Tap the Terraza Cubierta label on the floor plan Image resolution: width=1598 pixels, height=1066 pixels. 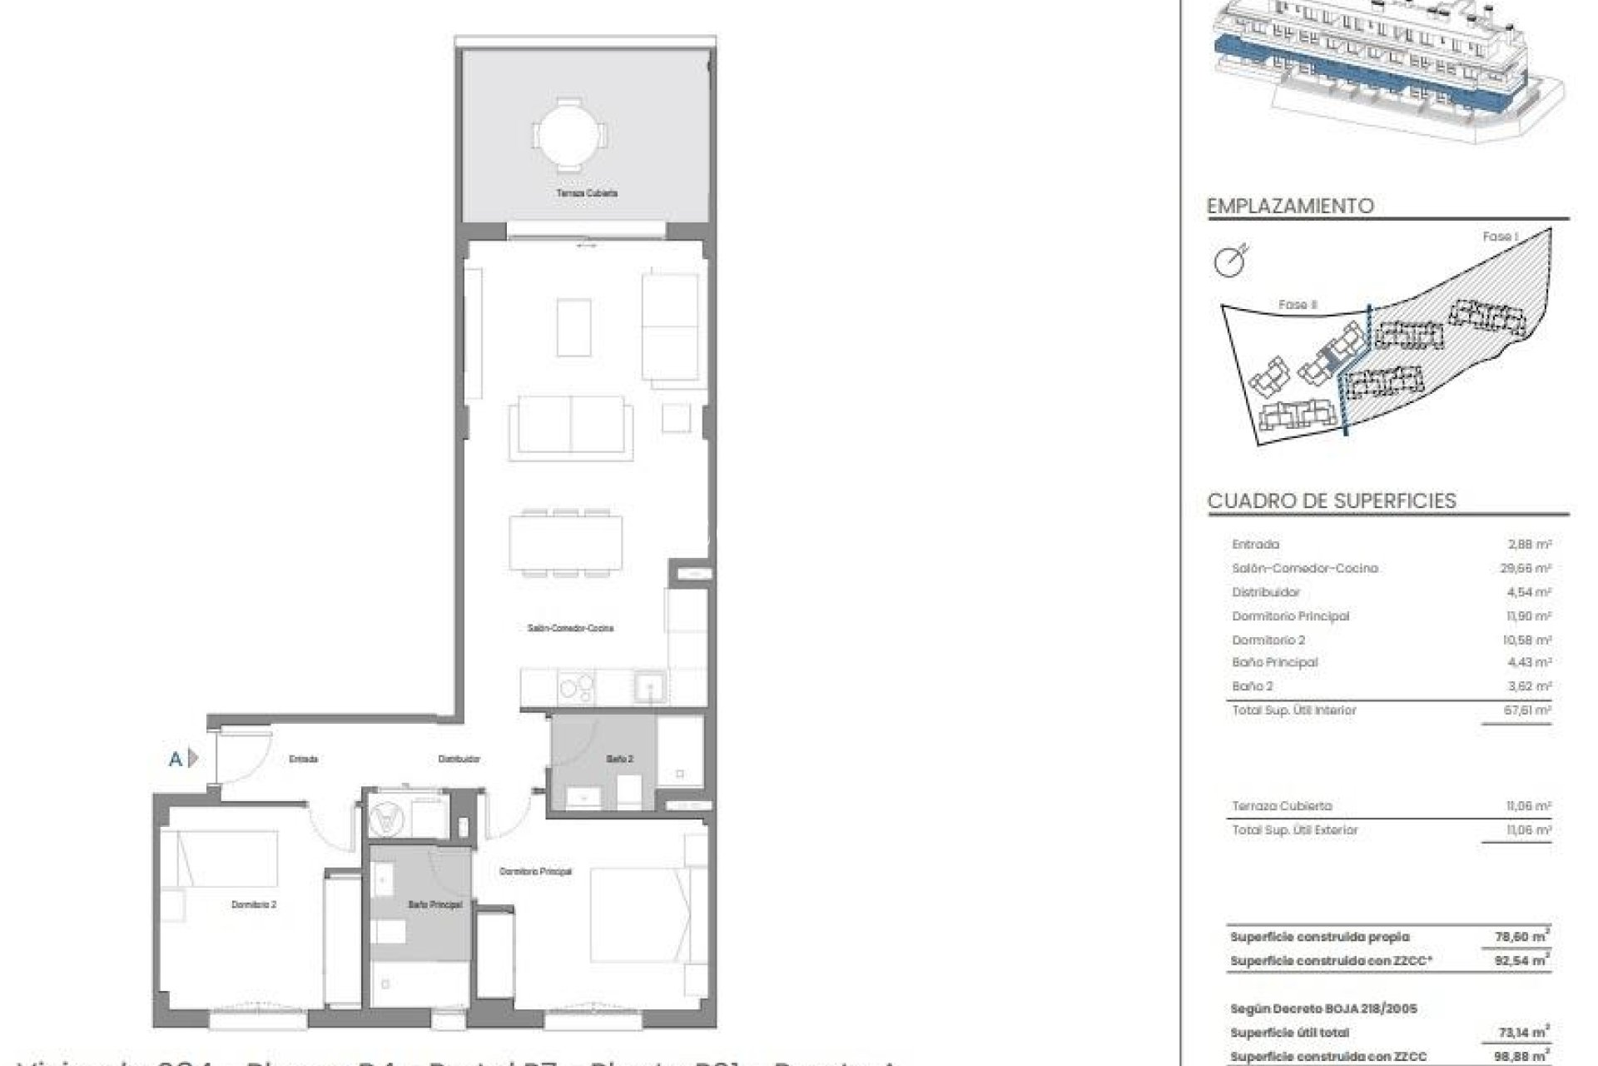coord(587,193)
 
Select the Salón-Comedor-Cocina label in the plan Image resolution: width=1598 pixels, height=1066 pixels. coord(570,628)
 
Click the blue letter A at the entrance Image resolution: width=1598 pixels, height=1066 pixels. coord(176,759)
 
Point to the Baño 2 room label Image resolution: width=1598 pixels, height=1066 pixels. coord(619,760)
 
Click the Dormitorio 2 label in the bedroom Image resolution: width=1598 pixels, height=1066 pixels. coord(253,904)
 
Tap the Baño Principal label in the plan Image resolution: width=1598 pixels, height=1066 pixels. coord(434,904)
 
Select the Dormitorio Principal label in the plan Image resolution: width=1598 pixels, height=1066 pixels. coord(535,872)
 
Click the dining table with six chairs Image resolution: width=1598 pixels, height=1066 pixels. coord(565,542)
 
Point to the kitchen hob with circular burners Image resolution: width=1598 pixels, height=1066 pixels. coord(577,688)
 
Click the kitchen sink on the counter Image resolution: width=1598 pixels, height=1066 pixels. coord(648,688)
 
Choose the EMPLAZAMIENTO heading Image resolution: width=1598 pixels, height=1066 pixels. coord(1290,206)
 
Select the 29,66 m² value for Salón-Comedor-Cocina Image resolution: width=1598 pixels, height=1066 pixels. coord(1530,569)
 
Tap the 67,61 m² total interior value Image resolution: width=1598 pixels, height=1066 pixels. coord(1530,711)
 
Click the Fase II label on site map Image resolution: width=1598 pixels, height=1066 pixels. coord(1298,306)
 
